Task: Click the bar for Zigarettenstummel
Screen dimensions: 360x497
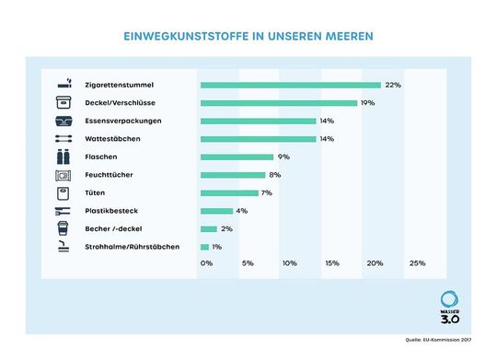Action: [x=290, y=85]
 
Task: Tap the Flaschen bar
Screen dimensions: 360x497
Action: [x=237, y=157]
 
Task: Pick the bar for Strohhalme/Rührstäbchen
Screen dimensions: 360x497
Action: [x=204, y=247]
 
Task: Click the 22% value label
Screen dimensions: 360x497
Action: [x=393, y=85]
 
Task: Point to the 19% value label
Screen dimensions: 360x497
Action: [x=367, y=102]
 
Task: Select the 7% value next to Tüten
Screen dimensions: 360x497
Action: [x=266, y=192]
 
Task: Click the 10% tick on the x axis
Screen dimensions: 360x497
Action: [x=289, y=263]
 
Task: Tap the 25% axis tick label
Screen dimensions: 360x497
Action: [x=417, y=263]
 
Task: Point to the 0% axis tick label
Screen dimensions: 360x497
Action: [x=206, y=263]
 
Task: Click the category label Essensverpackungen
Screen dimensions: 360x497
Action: [x=124, y=121]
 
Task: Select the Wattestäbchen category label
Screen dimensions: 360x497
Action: [x=114, y=139]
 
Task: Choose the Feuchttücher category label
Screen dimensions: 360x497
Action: [x=111, y=175]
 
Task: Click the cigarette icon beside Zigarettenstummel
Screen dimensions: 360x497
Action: [x=64, y=85]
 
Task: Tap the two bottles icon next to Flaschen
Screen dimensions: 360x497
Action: [x=64, y=157]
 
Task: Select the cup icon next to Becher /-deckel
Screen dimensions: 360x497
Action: [x=64, y=228]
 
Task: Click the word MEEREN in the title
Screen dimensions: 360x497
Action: [x=345, y=39]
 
